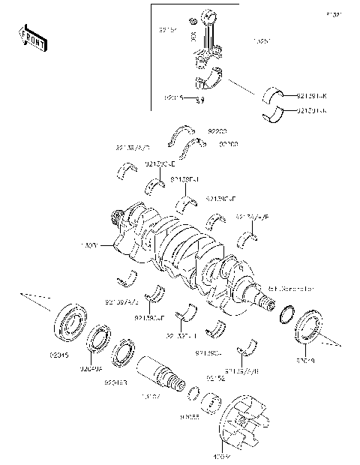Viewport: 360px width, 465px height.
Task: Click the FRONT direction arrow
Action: pos(32,38)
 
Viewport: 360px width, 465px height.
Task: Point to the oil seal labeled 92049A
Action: pos(99,339)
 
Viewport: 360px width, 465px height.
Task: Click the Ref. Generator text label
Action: pos(290,288)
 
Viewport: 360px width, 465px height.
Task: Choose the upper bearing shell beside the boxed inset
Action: pos(277,96)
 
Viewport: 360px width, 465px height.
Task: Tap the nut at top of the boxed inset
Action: pos(193,19)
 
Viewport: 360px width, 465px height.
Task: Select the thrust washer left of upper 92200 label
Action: pos(182,133)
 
